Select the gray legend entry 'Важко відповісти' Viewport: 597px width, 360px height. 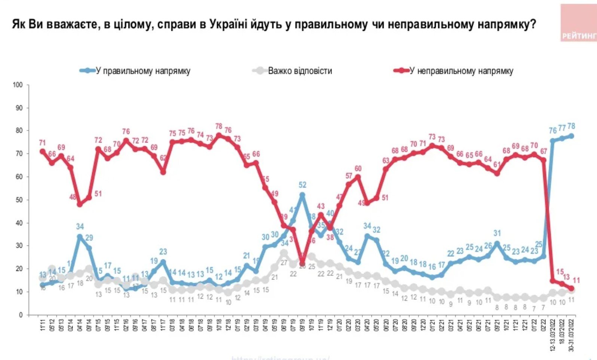[300, 71]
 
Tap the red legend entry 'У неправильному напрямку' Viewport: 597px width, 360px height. [461, 71]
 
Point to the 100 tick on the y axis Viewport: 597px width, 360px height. [18, 85]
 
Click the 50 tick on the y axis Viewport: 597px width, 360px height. [19, 200]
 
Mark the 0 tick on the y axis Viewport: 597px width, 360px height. [21, 315]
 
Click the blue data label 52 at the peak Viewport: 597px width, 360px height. [302, 185]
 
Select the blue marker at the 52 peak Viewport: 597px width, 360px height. [302, 195]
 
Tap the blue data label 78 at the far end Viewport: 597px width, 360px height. [571, 126]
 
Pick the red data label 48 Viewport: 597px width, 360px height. [73, 197]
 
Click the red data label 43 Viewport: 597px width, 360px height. [321, 206]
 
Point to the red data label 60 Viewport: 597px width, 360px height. [358, 168]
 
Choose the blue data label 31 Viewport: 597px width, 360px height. [497, 234]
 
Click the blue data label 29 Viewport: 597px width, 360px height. [89, 238]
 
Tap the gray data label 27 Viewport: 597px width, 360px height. [284, 263]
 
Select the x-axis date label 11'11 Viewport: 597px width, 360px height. [42, 329]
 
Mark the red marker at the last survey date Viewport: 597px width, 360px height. [571, 289]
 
